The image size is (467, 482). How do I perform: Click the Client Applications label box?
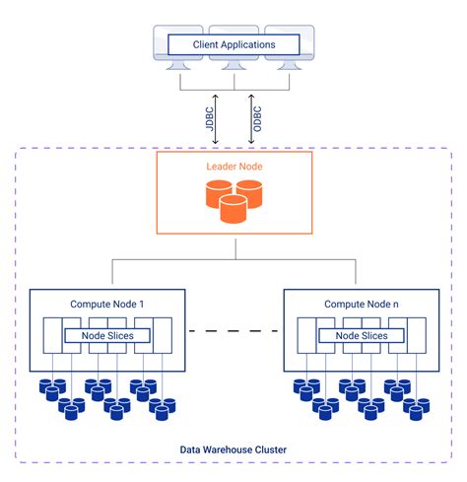(233, 44)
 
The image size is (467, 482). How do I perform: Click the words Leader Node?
(233, 168)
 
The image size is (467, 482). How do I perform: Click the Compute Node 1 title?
(107, 304)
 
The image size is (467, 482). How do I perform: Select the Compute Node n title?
(361, 304)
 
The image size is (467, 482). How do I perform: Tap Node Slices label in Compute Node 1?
(107, 336)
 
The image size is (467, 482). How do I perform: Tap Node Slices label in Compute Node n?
(361, 336)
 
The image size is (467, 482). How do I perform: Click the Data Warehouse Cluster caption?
(233, 449)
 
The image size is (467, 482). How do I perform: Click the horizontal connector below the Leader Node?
(233, 260)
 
